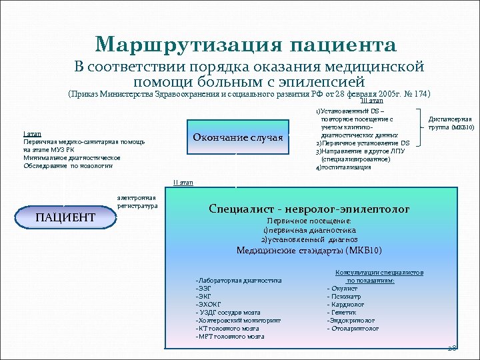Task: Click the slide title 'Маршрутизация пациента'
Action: coord(246,45)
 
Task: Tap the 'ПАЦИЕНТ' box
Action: coord(65,217)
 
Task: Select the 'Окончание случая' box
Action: coord(237,137)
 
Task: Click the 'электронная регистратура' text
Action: coord(137,202)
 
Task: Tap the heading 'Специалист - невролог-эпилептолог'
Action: coord(309,209)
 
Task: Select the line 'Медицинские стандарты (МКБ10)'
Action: coord(309,251)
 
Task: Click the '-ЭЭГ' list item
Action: coord(203,288)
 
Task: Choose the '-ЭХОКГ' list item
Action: coord(207,304)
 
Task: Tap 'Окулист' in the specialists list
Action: coord(343,288)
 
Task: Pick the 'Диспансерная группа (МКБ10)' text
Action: coord(451,123)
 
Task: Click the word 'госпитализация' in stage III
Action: coord(347,167)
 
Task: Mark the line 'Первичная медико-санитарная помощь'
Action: coord(83,142)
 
